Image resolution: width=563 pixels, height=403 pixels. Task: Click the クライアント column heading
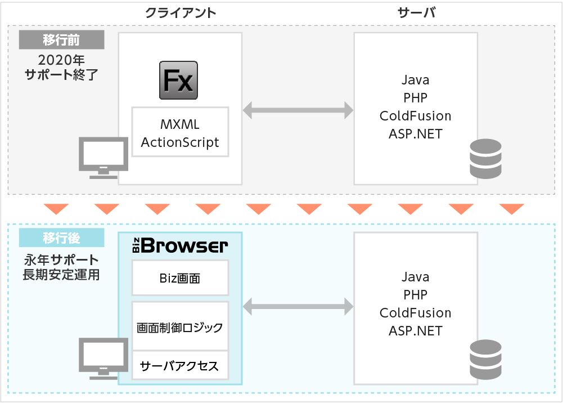(x=180, y=13)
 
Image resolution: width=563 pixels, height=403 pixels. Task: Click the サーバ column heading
(x=417, y=13)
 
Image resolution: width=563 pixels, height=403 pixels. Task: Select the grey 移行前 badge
(x=61, y=39)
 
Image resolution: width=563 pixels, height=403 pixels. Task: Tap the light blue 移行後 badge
(x=61, y=238)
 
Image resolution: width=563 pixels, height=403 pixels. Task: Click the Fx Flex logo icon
(x=178, y=80)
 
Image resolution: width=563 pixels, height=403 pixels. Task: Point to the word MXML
(x=180, y=124)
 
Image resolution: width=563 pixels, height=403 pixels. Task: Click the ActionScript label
(x=180, y=142)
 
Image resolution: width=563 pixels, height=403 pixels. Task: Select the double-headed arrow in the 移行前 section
(x=298, y=110)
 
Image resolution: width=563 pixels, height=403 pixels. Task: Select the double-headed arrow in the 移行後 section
(x=298, y=307)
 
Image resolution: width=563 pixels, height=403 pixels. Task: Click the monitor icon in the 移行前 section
(x=103, y=158)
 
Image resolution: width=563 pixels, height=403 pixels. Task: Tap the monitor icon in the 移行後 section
(x=103, y=358)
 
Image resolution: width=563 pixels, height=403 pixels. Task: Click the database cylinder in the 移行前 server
(x=485, y=159)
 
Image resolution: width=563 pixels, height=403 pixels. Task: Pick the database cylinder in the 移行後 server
(x=485, y=360)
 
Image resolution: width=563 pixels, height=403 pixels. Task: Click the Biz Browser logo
(x=180, y=245)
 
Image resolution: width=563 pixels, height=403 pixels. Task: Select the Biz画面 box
(x=180, y=278)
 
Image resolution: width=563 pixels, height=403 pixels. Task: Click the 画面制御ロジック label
(x=180, y=328)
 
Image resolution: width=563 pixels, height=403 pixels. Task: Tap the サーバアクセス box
(x=180, y=365)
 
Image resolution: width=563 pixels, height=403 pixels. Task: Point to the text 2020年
(x=61, y=60)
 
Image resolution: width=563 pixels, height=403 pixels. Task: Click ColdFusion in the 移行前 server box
(x=416, y=115)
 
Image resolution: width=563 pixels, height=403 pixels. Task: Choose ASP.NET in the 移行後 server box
(x=416, y=331)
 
